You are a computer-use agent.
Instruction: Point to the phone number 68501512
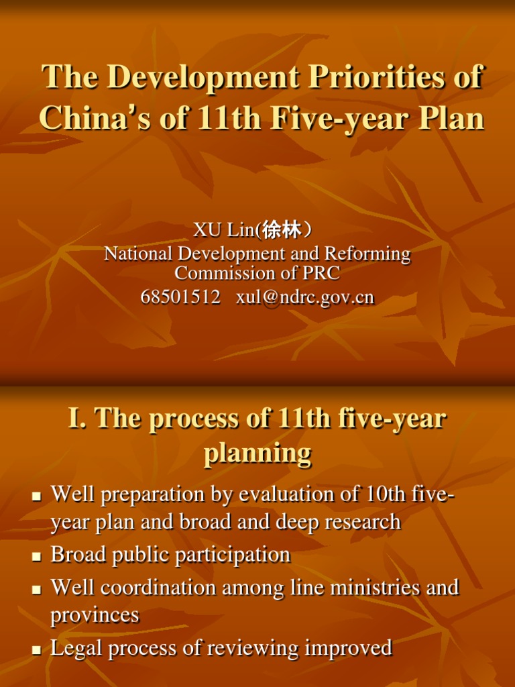coord(180,297)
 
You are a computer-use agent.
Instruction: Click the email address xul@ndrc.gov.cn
coord(305,297)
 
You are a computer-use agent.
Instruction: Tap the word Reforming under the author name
coord(368,254)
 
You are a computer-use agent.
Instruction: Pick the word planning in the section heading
coord(257,454)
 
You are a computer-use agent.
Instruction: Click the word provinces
coord(95,615)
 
